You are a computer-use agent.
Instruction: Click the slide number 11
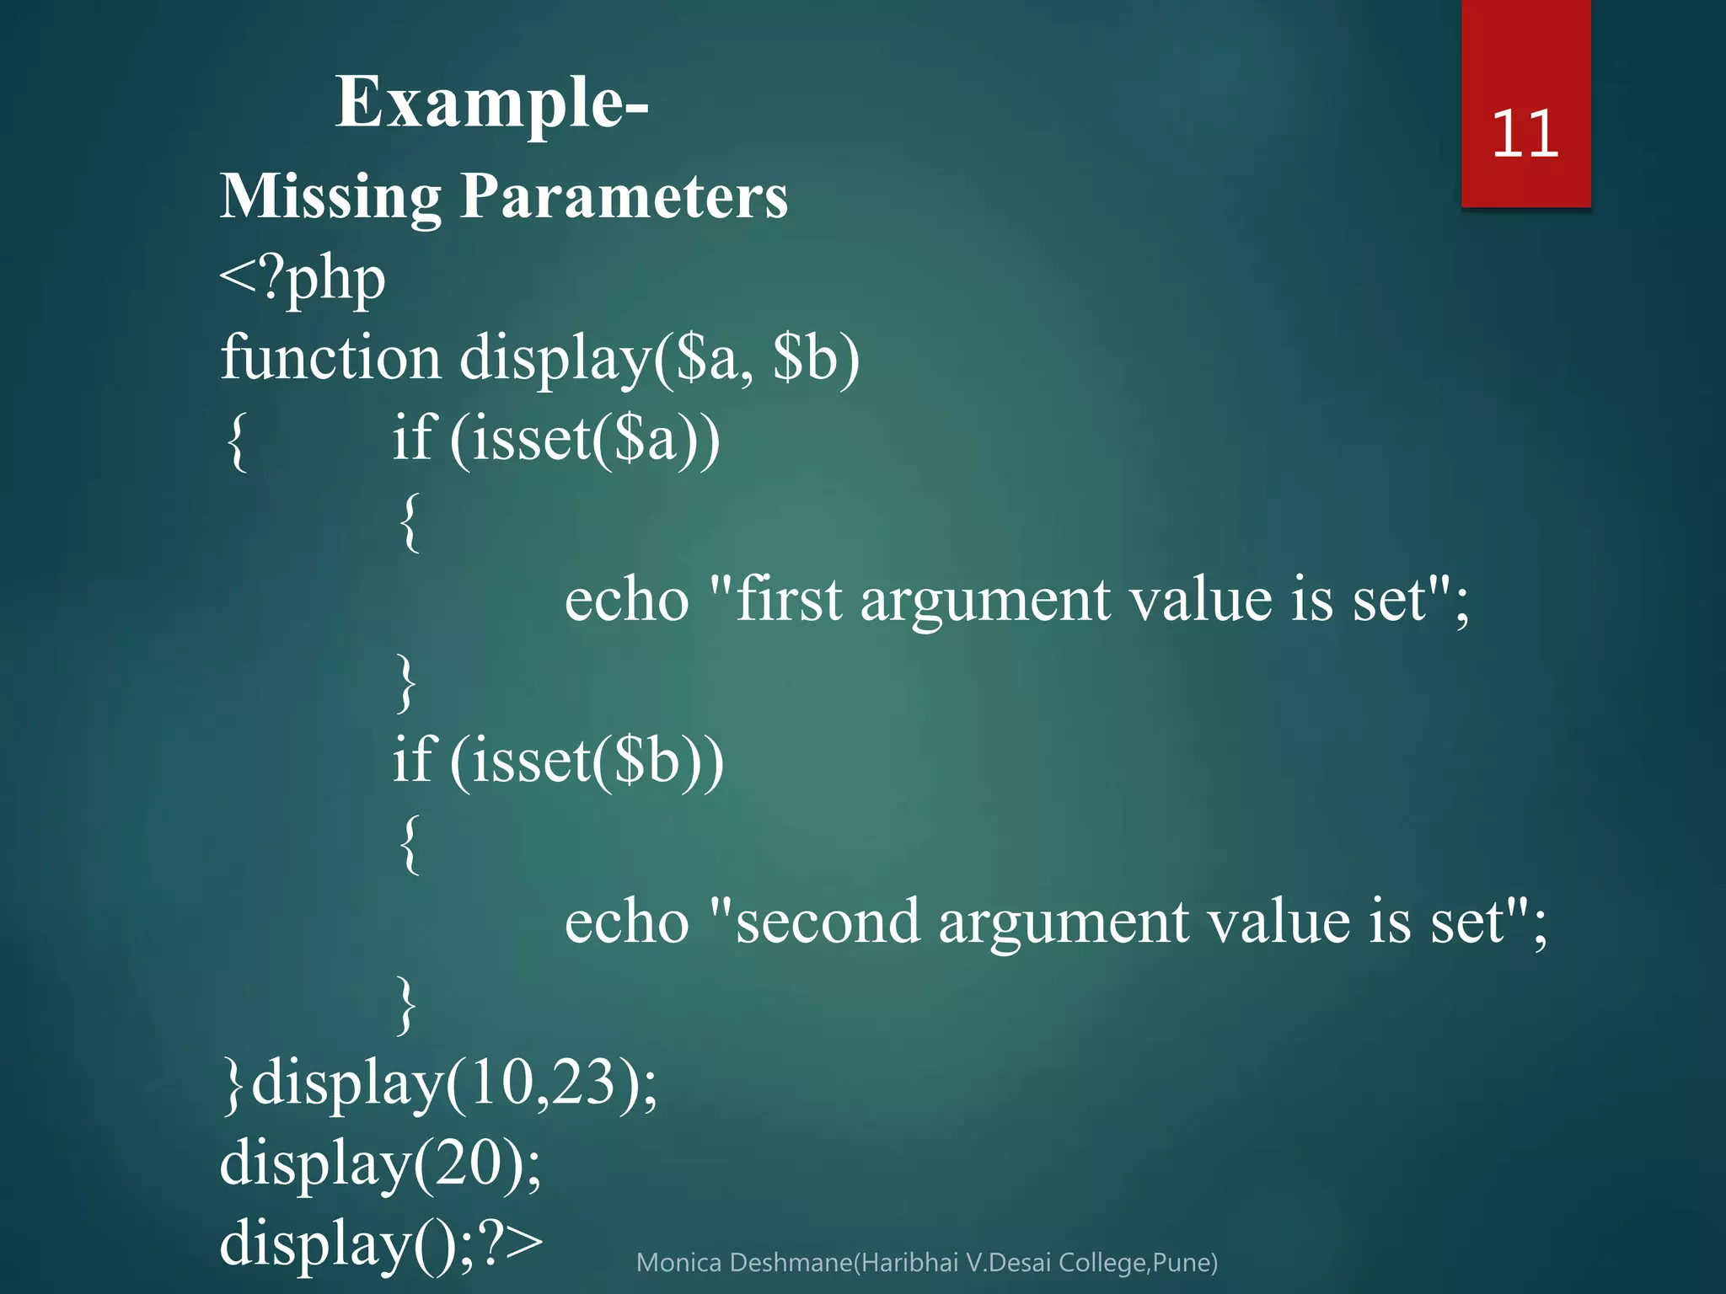(1525, 135)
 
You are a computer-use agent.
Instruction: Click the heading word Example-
(491, 104)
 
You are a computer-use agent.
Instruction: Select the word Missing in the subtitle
(330, 197)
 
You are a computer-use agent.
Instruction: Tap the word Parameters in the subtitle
(624, 197)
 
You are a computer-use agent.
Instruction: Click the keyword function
(330, 357)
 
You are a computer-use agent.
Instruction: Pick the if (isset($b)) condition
(558, 760)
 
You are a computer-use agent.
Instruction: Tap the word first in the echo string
(789, 600)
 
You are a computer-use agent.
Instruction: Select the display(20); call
(380, 1164)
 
